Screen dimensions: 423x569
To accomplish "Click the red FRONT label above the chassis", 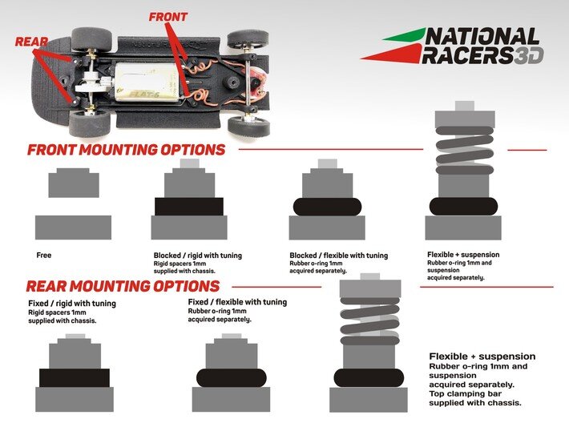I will click(x=168, y=16).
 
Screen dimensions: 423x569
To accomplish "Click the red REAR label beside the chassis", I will click(x=30, y=41).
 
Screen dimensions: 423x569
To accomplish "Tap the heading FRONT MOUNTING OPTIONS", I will click(x=126, y=150).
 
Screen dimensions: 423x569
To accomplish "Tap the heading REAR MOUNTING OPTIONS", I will click(x=123, y=286).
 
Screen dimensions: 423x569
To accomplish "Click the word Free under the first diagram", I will click(x=44, y=256).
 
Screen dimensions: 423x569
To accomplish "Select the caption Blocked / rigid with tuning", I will click(x=197, y=256).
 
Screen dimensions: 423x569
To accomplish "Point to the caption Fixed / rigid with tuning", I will click(x=72, y=304).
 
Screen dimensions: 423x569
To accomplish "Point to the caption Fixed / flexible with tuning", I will click(x=237, y=302).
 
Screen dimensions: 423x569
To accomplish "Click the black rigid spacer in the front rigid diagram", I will click(x=188, y=207).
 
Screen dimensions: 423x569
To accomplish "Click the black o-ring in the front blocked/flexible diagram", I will click(x=327, y=207).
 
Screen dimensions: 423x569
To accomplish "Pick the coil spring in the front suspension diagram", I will click(x=464, y=150).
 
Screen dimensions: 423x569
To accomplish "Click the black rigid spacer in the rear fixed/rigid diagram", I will click(x=75, y=377).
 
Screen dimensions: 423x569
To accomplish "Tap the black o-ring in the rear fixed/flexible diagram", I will click(x=232, y=377).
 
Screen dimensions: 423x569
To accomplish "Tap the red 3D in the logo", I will click(x=529, y=55).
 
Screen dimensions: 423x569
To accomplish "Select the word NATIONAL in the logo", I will click(x=482, y=36).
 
